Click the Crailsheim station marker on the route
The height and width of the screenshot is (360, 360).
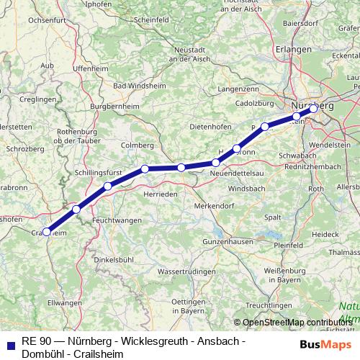click(47, 232)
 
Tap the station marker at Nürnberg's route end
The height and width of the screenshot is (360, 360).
click(313, 109)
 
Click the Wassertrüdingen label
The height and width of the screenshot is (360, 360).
click(186, 271)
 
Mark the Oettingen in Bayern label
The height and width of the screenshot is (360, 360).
click(184, 306)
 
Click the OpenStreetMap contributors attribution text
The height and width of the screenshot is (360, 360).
click(295, 323)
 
